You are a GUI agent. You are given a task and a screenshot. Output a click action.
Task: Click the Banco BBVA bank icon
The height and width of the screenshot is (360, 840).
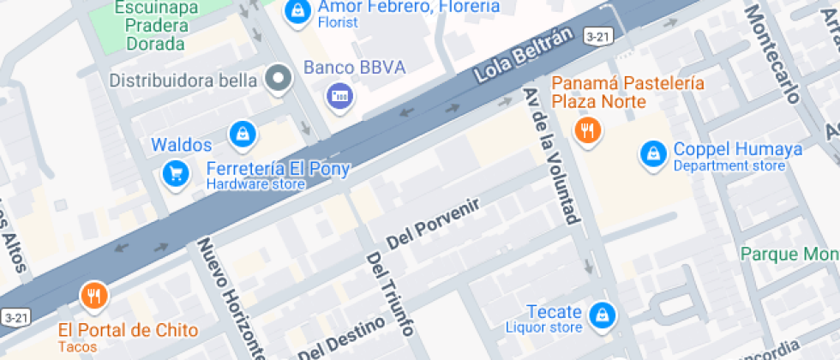[x=340, y=95]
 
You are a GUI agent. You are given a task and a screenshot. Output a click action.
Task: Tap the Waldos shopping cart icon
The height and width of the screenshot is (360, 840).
[x=176, y=174]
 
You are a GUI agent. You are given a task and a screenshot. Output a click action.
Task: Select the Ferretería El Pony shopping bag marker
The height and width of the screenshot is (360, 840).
[x=243, y=134]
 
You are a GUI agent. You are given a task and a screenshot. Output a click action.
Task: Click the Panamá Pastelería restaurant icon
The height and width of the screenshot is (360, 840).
[x=588, y=130]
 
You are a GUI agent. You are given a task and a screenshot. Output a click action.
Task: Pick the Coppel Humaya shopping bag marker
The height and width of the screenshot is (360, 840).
[x=654, y=154]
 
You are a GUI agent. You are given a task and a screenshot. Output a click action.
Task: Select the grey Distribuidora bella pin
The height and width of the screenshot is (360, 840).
[x=278, y=81]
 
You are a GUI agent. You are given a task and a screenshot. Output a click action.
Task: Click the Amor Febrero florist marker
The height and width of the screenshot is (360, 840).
[x=297, y=10]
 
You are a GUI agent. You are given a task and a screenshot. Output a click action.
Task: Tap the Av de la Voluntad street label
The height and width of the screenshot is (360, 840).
[x=551, y=155]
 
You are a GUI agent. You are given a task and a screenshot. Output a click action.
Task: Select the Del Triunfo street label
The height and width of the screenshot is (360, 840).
[x=390, y=293]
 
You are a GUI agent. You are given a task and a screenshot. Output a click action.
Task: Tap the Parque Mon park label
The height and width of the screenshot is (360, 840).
[x=789, y=255]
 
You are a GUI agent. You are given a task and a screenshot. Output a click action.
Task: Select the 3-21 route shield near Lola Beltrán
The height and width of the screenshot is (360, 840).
[x=597, y=36]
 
